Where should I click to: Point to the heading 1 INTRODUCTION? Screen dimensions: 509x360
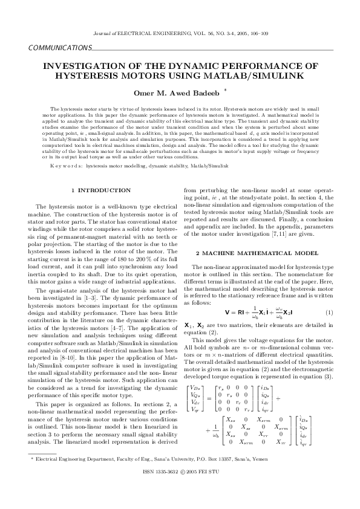click(x=100, y=190)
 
